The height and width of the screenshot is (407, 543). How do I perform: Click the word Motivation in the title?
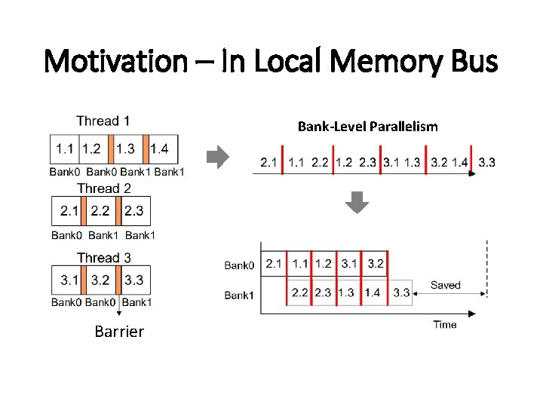(x=116, y=60)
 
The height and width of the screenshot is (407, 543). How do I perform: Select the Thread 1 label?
(x=103, y=121)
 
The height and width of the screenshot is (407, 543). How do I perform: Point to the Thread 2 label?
(x=103, y=188)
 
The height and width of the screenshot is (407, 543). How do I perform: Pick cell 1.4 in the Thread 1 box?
(x=160, y=148)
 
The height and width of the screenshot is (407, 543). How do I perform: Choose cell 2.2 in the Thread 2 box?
(x=100, y=211)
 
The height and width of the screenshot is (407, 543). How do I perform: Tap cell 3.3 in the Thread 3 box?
(x=134, y=280)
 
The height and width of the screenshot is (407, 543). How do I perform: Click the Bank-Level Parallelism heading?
(x=367, y=127)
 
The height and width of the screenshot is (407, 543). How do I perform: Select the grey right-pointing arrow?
(x=217, y=158)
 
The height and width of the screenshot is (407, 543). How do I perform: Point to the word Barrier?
(x=119, y=332)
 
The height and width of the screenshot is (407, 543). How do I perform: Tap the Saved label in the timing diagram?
(x=445, y=285)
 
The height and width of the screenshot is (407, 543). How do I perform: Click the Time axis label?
(x=445, y=325)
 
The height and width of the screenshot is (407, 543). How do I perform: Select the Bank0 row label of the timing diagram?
(x=239, y=265)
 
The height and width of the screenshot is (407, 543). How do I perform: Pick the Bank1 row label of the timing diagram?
(x=239, y=295)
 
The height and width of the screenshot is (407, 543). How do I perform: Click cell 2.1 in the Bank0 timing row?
(x=274, y=264)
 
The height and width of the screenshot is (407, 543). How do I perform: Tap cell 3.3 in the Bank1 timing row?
(x=401, y=292)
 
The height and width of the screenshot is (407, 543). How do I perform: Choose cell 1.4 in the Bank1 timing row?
(x=372, y=292)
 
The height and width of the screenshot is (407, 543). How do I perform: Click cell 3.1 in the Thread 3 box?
(x=69, y=280)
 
